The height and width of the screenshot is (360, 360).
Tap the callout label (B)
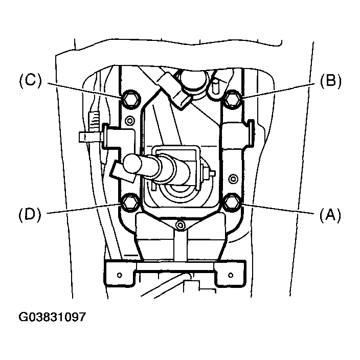pos(330,81)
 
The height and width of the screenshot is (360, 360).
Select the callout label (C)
pos(31,81)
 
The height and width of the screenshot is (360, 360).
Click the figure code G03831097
pos(53,317)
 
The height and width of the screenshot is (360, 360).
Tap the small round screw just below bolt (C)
pos(129,121)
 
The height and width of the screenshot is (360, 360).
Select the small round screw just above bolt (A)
pos(233,179)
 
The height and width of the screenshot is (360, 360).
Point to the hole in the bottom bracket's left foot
pos(119,274)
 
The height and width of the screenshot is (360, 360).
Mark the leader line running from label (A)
pos(279,210)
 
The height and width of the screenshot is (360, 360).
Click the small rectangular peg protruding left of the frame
pos(87,137)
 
